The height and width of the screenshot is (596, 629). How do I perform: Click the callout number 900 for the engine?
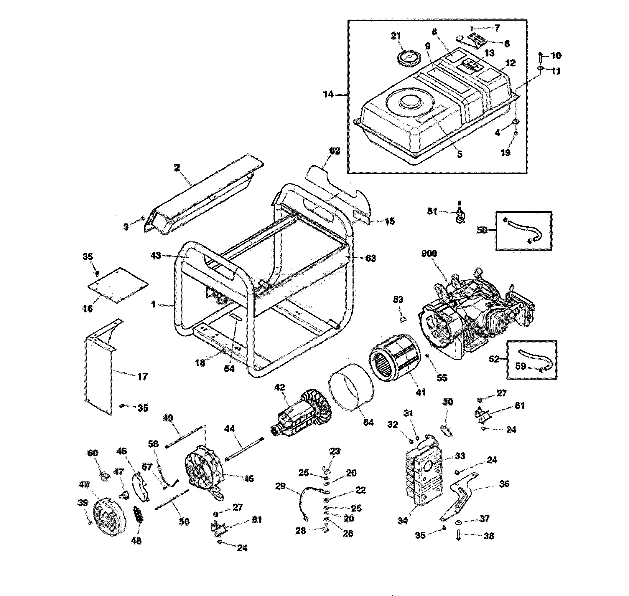429,253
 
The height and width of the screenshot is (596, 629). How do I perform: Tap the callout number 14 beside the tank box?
328,94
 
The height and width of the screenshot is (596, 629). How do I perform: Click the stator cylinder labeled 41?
394,358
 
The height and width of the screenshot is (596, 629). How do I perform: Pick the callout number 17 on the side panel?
142,377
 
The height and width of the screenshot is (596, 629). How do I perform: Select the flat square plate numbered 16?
118,285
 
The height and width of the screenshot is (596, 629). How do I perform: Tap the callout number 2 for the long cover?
177,168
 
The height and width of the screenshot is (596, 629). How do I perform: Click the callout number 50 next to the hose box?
482,230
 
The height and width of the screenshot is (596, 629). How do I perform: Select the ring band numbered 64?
351,387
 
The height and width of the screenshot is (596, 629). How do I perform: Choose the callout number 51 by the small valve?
432,212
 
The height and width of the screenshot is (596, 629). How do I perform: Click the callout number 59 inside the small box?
521,366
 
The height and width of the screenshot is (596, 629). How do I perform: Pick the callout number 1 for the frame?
153,304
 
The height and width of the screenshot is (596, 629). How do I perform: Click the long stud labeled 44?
245,448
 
